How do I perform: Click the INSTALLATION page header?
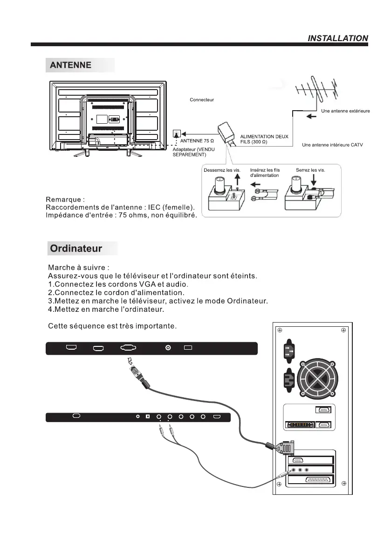pos(338,38)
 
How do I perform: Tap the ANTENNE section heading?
pos(71,65)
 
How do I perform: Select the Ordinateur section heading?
pos(76,248)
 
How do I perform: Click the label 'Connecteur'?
pos(202,100)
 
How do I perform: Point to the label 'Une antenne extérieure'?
pos(346,111)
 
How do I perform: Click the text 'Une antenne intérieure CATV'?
pos(332,145)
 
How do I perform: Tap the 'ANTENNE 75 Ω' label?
pos(197,141)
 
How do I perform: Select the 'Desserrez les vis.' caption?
pos(222,170)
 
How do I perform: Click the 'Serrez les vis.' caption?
pos(310,170)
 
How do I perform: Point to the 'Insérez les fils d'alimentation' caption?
pos(265,173)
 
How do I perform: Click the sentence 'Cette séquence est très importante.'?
pos(112,325)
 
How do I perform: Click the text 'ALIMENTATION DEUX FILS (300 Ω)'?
pos(264,139)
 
